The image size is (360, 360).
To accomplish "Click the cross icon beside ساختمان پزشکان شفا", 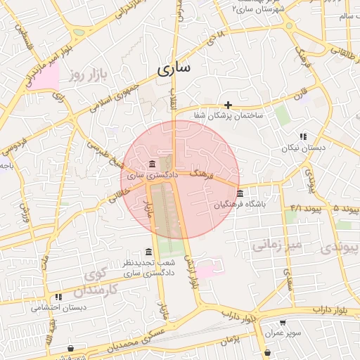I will [229, 105].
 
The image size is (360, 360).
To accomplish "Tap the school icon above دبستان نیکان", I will [302, 136].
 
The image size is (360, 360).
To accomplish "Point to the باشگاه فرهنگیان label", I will [241, 205].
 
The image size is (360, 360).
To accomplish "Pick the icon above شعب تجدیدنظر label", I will [148, 252].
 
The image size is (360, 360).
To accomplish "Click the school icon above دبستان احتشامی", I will [58, 297].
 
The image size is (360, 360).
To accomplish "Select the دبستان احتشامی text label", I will [58, 307].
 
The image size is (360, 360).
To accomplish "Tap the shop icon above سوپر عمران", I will [282, 323].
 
